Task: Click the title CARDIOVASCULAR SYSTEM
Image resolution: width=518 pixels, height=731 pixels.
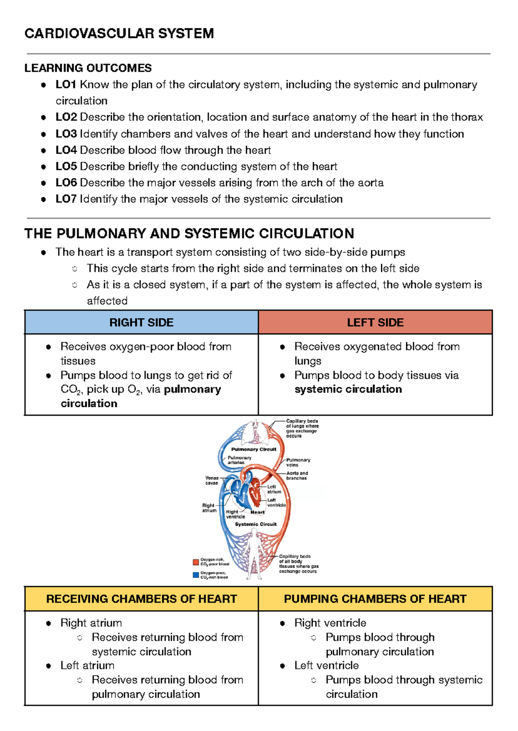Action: [119, 34]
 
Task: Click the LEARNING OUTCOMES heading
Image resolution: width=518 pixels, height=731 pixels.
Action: [88, 68]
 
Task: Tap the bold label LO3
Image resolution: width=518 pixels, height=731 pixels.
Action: [66, 134]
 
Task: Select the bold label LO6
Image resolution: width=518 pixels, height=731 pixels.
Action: [66, 183]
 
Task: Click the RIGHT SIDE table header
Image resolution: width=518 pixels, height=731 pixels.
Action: [141, 322]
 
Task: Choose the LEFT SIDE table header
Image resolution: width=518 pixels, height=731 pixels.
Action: [375, 322]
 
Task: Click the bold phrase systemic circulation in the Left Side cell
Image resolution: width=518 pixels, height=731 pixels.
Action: [348, 389]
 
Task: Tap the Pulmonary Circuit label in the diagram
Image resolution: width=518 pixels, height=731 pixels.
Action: [253, 449]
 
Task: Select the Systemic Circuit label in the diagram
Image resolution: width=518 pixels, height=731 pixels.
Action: [256, 524]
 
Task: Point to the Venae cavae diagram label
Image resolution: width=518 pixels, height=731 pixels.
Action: [212, 480]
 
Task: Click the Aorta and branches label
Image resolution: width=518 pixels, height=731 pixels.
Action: [297, 476]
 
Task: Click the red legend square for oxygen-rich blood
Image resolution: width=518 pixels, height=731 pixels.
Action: [196, 562]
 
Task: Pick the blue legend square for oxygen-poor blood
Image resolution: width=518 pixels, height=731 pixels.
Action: [196, 575]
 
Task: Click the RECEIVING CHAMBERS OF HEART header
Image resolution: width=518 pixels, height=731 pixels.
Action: [141, 599]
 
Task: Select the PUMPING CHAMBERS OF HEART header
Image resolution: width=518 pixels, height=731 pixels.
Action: [375, 599]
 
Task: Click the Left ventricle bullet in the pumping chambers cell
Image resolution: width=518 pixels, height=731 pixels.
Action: [326, 665]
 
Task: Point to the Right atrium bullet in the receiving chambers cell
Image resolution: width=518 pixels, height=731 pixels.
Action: [91, 623]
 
